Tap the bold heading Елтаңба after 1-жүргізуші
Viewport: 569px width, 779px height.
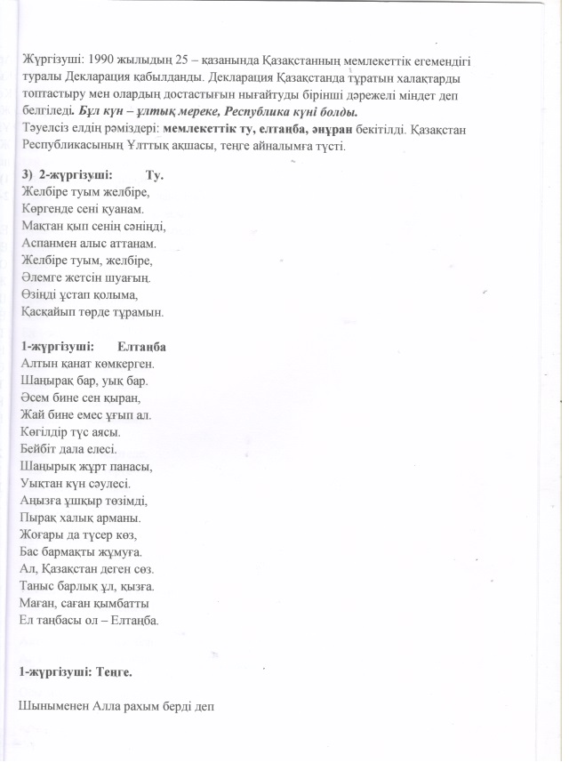coord(142,346)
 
